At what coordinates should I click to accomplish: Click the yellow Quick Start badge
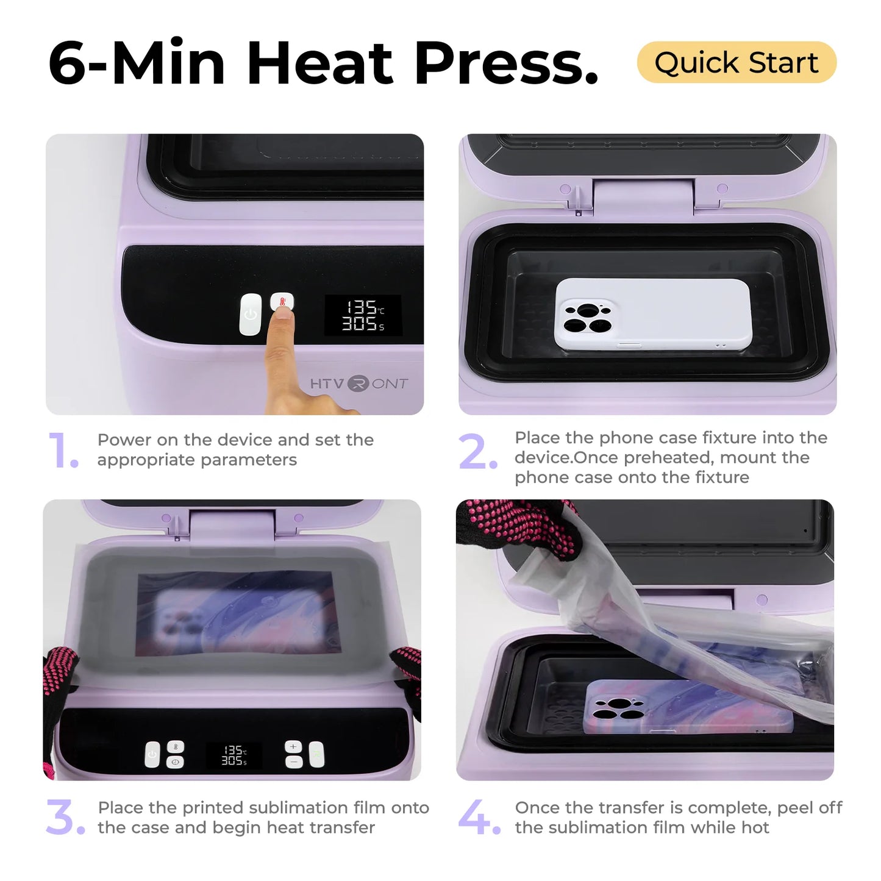pyautogui.click(x=736, y=63)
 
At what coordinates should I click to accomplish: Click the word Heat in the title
pyautogui.click(x=320, y=63)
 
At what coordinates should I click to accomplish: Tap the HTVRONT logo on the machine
pyautogui.click(x=358, y=383)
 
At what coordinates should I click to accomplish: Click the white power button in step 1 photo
pyautogui.click(x=250, y=315)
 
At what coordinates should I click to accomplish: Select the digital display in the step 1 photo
pyautogui.click(x=363, y=315)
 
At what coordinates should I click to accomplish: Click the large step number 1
pyautogui.click(x=62, y=451)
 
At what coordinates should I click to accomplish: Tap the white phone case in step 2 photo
pyautogui.click(x=652, y=314)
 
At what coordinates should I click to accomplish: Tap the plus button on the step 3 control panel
pyautogui.click(x=293, y=747)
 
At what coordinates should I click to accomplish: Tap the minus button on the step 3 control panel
pyautogui.click(x=293, y=762)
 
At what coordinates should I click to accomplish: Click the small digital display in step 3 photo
pyautogui.click(x=234, y=755)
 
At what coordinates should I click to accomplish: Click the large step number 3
pyautogui.click(x=65, y=818)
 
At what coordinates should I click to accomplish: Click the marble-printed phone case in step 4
pyautogui.click(x=689, y=707)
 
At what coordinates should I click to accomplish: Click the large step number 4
pyautogui.click(x=478, y=818)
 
